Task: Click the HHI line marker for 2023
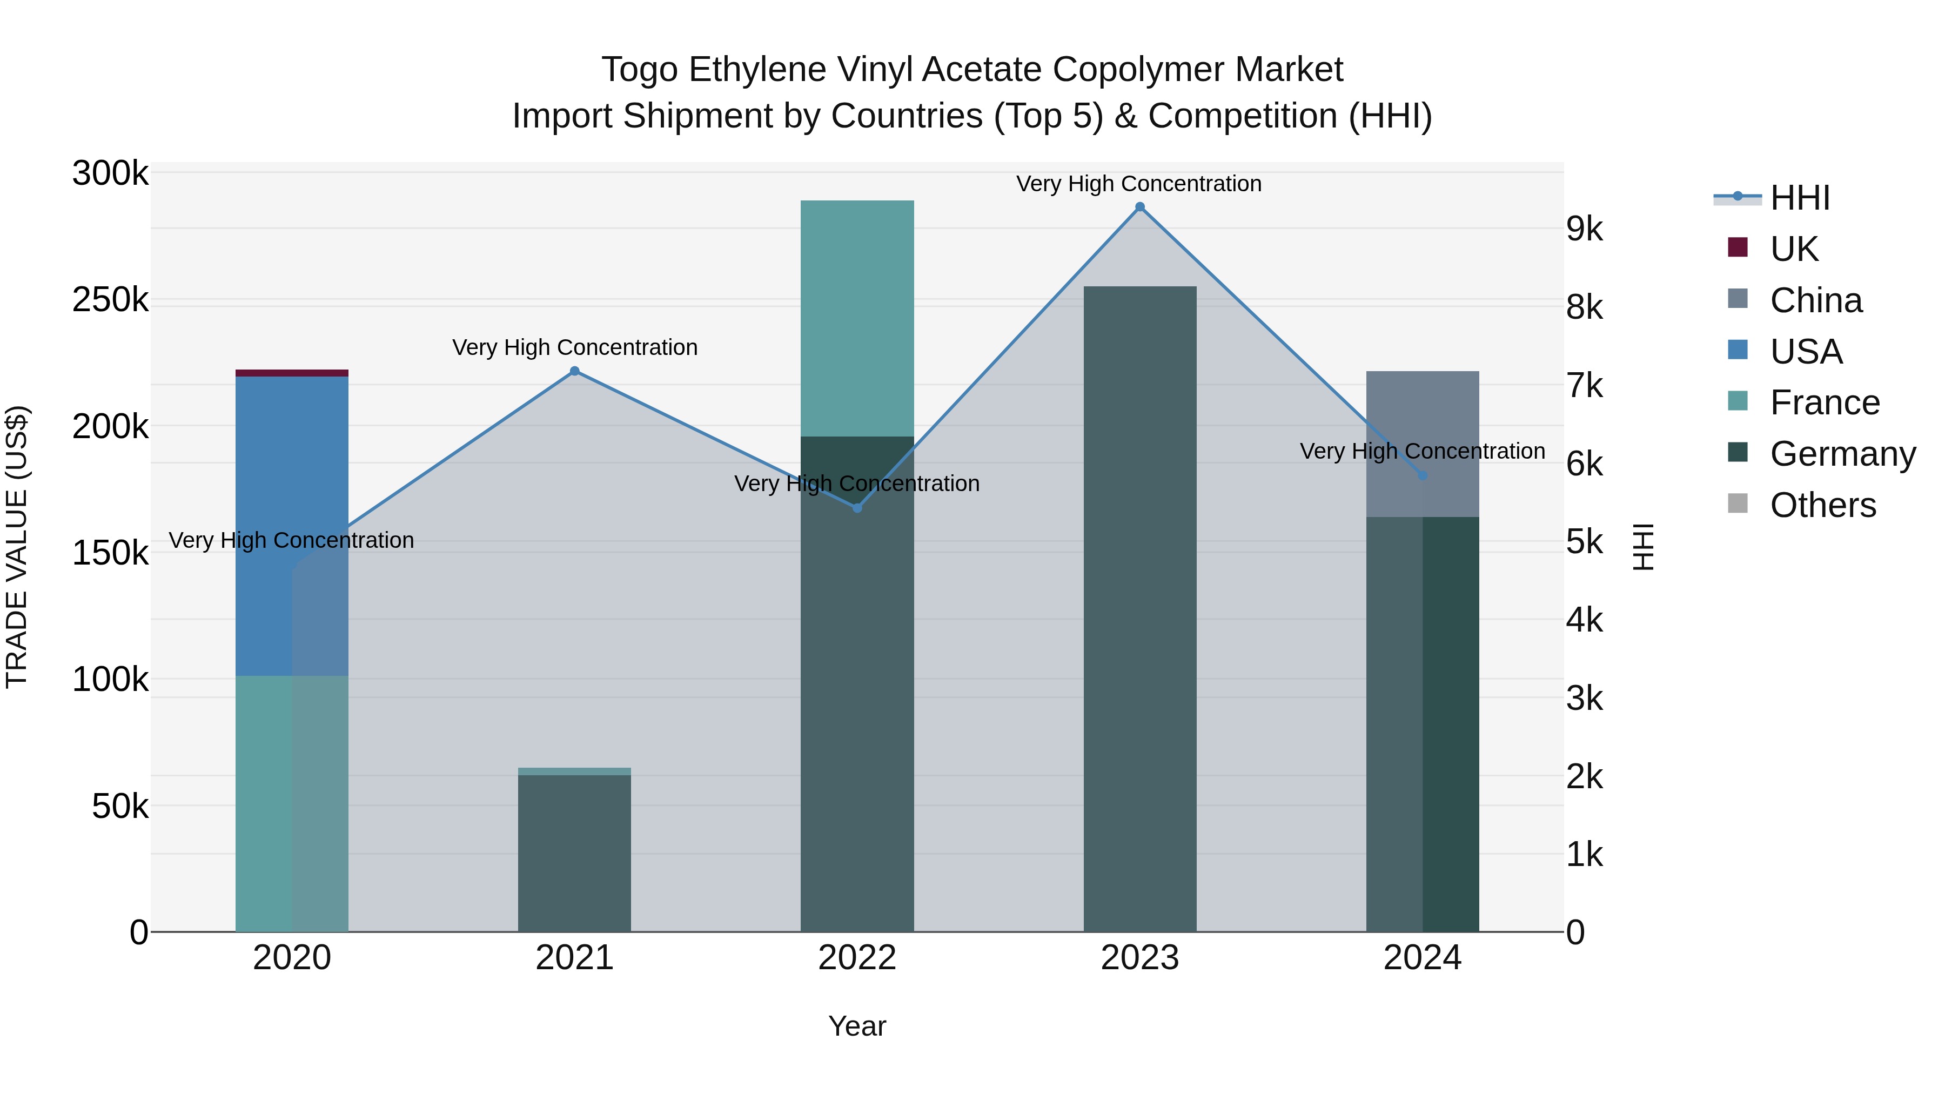(x=1140, y=207)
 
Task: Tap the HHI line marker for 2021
(x=575, y=371)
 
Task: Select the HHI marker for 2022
(x=857, y=508)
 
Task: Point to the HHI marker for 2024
(x=1423, y=475)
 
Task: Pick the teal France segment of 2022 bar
(x=857, y=317)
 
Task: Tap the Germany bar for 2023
(x=1140, y=604)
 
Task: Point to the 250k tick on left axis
(x=110, y=300)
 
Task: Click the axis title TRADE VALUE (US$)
(x=17, y=547)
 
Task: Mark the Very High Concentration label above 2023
(x=1138, y=184)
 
